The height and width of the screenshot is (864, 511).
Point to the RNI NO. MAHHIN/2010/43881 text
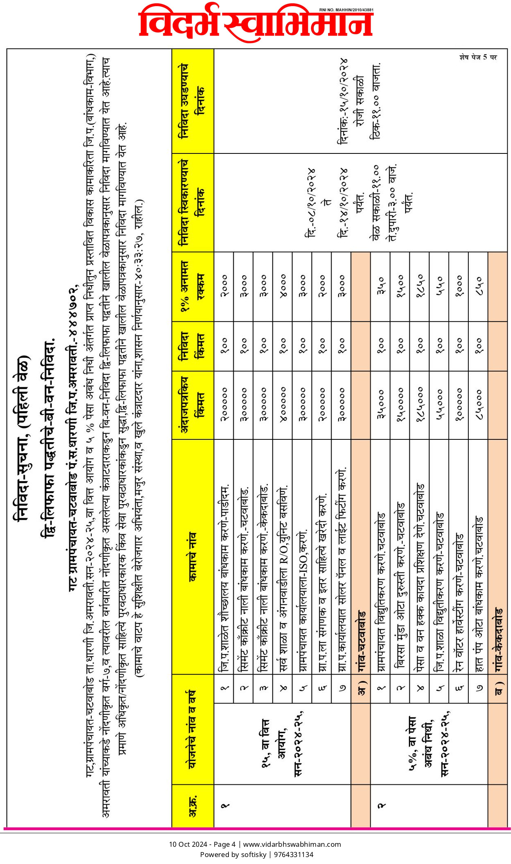tap(346, 10)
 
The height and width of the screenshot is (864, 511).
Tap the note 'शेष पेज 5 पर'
tap(478, 57)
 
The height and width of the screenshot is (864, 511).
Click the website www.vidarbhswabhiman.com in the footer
tap(292, 844)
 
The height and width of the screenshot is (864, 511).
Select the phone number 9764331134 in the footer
tap(294, 855)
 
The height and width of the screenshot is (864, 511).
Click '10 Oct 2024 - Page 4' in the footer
tap(202, 844)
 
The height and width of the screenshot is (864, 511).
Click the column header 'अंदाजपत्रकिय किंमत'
tap(193, 405)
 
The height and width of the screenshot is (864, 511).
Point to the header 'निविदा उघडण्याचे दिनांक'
tap(193, 101)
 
